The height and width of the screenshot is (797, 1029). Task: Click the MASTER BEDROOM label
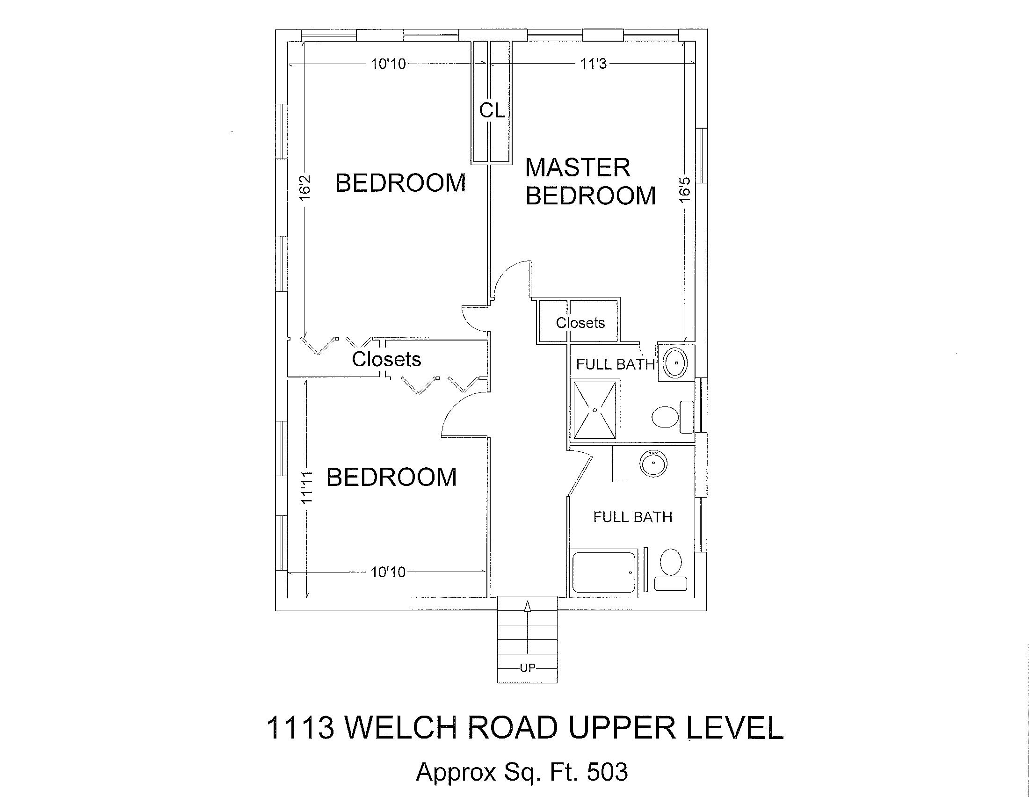pos(590,181)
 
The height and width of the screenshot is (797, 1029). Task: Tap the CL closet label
pos(493,110)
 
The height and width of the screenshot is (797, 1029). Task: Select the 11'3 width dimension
pos(593,64)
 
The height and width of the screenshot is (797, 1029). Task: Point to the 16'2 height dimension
pos(305,188)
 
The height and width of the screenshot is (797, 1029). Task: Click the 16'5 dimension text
pos(686,189)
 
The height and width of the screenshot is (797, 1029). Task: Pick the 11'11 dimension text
pos(307,487)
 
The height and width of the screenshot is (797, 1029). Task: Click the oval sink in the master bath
pos(676,363)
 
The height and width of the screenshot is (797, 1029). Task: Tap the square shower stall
pos(594,410)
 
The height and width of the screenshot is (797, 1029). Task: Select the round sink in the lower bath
pos(653,463)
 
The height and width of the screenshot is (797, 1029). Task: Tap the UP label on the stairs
pos(527,668)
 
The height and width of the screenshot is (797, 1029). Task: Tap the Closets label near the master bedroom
pos(580,323)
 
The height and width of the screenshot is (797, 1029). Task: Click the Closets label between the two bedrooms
pos(386,359)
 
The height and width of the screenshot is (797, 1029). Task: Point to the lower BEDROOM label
pos(391,477)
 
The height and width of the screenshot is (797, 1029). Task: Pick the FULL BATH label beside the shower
pos(616,364)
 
